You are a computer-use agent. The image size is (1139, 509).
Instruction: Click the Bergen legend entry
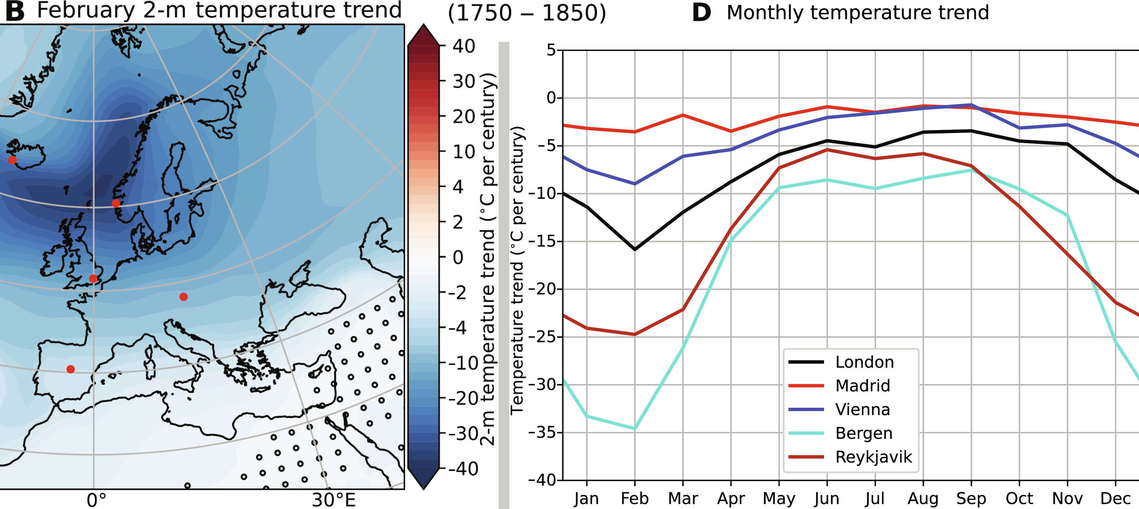pyautogui.click(x=864, y=433)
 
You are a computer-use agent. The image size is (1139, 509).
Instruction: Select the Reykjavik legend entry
pyautogui.click(x=873, y=457)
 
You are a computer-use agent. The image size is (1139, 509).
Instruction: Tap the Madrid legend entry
pyautogui.click(x=862, y=386)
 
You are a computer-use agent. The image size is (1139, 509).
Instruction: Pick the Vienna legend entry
pyautogui.click(x=862, y=409)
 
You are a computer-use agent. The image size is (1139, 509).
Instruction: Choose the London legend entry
pyautogui.click(x=864, y=362)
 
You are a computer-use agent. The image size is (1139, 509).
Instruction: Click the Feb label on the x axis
pyautogui.click(x=634, y=498)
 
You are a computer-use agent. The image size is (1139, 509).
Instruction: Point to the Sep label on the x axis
pyautogui.click(x=971, y=498)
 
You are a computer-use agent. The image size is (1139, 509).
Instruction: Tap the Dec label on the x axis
pyautogui.click(x=1115, y=498)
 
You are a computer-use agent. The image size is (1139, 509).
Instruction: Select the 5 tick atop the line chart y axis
pyautogui.click(x=551, y=50)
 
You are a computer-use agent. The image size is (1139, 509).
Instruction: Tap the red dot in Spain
pyautogui.click(x=70, y=369)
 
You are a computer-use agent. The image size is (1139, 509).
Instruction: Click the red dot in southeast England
pyautogui.click(x=93, y=278)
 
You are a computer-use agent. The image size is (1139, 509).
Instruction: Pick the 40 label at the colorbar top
pyautogui.click(x=463, y=46)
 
